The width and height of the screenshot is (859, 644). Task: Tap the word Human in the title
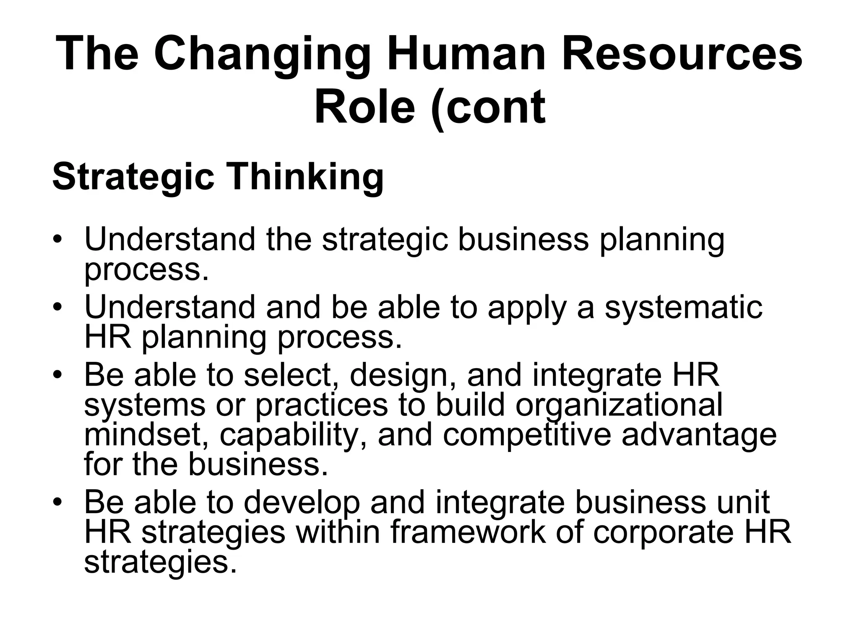pyautogui.click(x=466, y=55)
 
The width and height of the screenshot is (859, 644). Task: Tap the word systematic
pyautogui.click(x=683, y=308)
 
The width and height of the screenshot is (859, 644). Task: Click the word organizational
pyautogui.click(x=619, y=405)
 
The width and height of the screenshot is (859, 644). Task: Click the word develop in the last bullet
pyautogui.click(x=302, y=503)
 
